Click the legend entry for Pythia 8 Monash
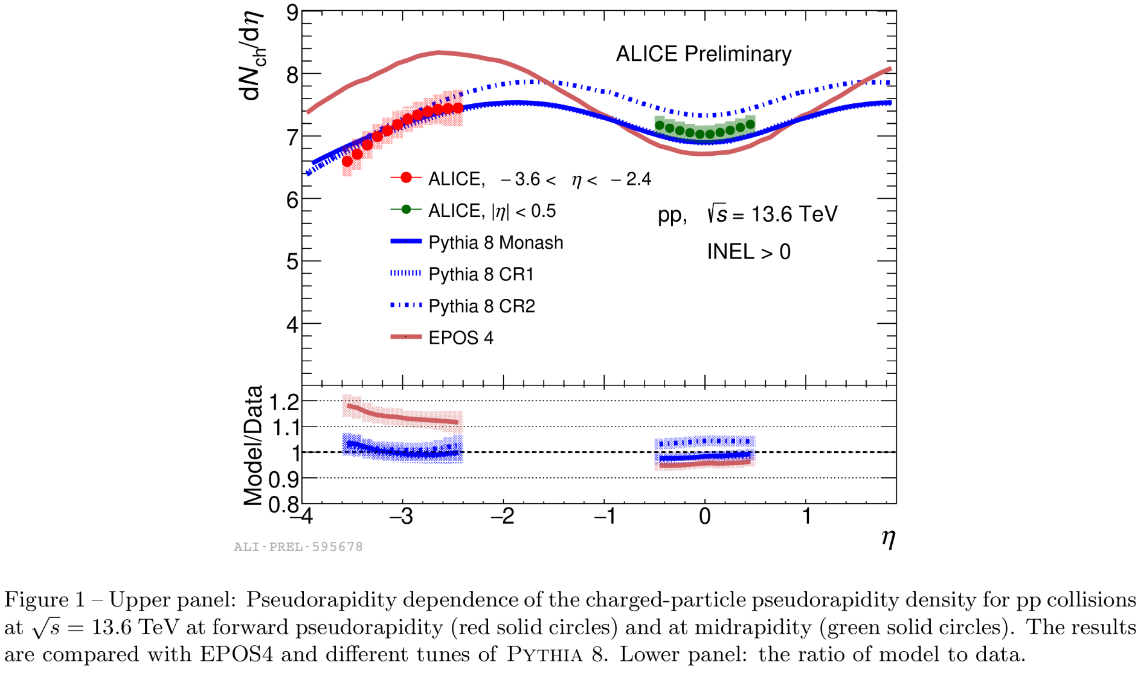coord(495,243)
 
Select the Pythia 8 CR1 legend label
coord(481,275)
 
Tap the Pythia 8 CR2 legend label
coord(481,306)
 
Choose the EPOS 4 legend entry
coord(461,338)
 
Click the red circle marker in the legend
coord(407,178)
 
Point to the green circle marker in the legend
coord(407,210)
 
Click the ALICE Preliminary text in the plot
coord(703,54)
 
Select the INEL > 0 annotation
coord(748,252)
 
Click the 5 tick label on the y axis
coord(292,262)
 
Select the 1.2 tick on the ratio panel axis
coord(284,402)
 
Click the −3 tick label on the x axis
coord(400,517)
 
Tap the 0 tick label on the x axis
coord(705,517)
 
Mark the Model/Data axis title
coord(254,445)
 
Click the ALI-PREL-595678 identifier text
coord(298,547)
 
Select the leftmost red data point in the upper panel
coord(347,161)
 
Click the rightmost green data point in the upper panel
coord(750,124)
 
